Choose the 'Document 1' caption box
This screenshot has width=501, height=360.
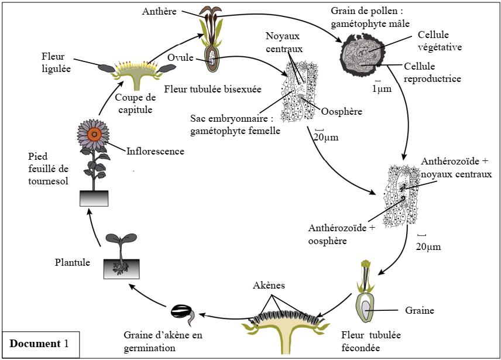pyautogui.click(x=39, y=344)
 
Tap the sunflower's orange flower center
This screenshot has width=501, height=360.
pyautogui.click(x=94, y=134)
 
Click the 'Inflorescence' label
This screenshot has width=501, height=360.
pyautogui.click(x=155, y=151)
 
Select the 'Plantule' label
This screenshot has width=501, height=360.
pyautogui.click(x=72, y=263)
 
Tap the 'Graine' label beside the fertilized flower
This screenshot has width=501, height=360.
pyautogui.click(x=420, y=310)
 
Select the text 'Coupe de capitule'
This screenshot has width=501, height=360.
pyautogui.click(x=136, y=103)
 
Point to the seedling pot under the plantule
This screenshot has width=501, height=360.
pyautogui.click(x=121, y=269)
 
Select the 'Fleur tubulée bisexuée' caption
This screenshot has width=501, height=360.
pyautogui.click(x=213, y=89)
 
